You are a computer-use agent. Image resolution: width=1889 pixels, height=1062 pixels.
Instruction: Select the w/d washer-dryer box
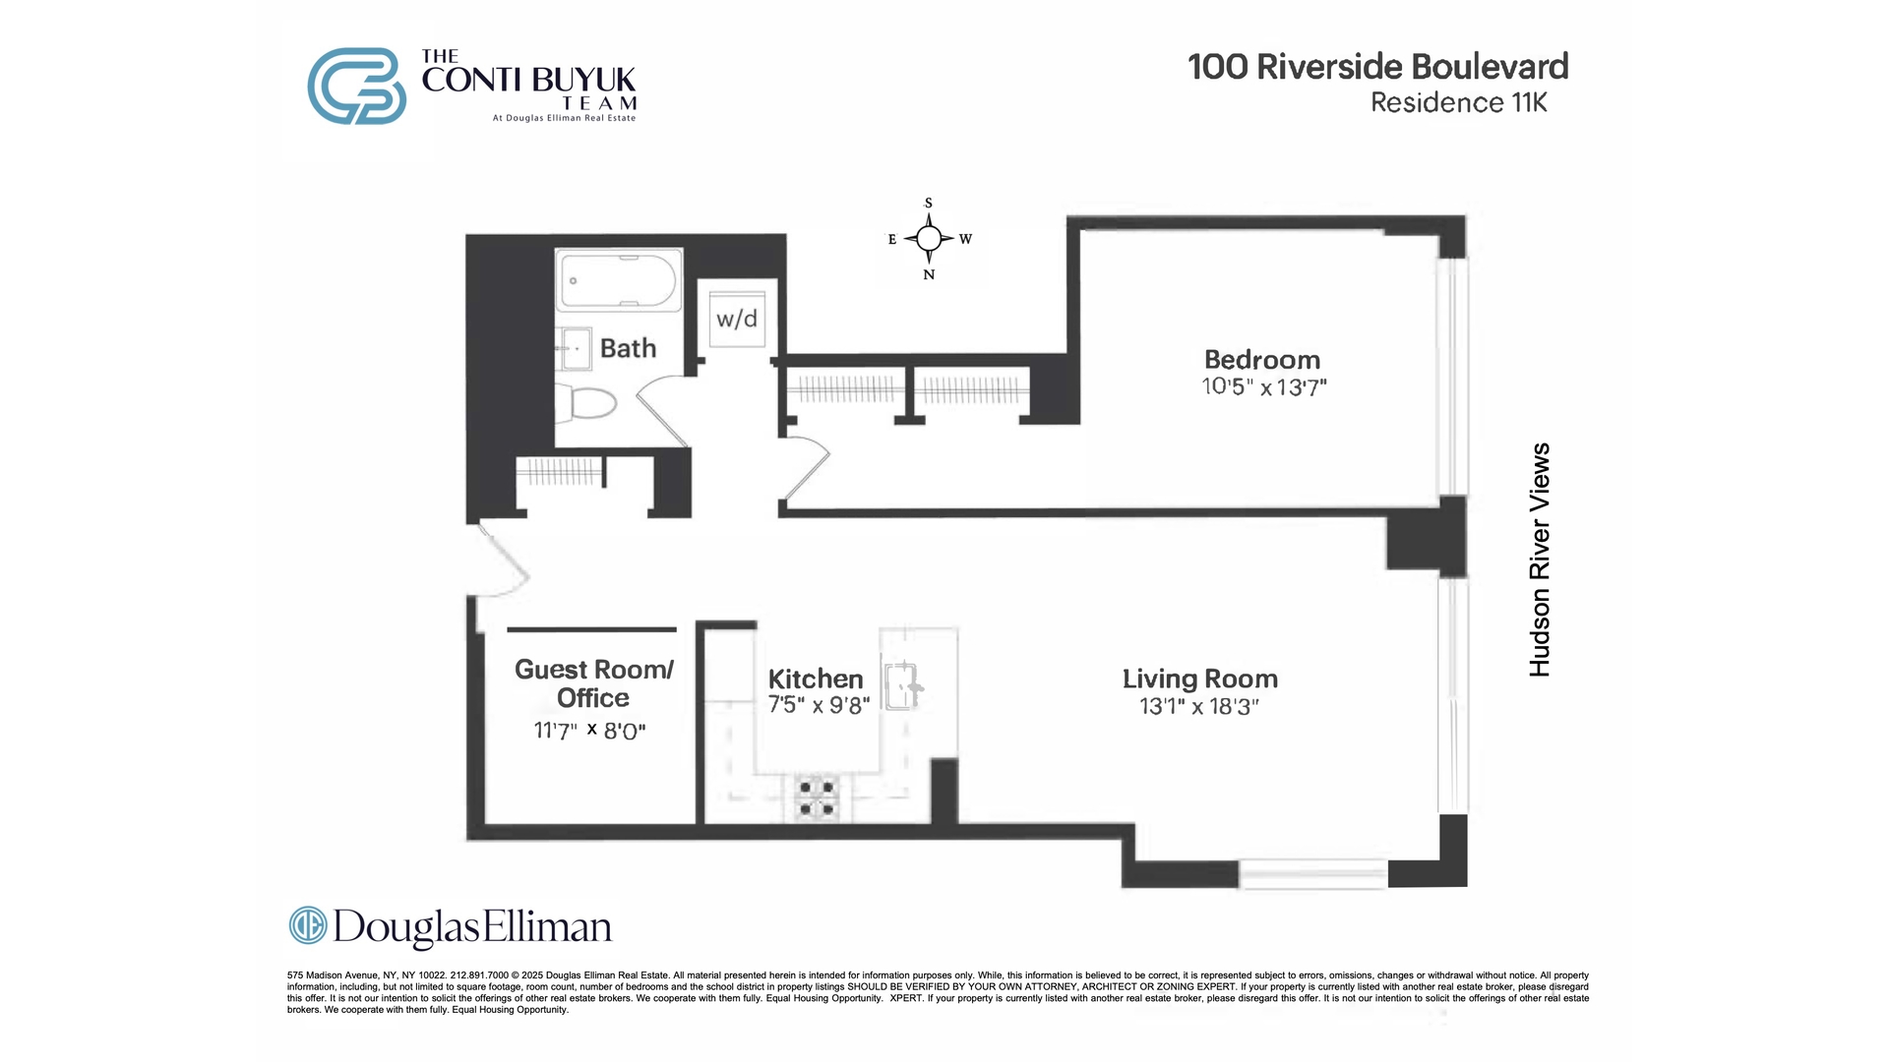coord(737,318)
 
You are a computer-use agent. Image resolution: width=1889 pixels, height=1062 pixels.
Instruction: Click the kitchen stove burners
coord(817,797)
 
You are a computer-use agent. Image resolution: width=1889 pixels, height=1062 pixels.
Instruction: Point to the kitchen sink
coord(902,685)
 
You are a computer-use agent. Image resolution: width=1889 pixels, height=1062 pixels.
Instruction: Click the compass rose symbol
coord(929,239)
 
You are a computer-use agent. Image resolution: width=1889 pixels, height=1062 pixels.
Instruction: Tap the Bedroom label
coord(1262,360)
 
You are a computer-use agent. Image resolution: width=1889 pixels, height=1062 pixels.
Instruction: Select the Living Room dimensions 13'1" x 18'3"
coord(1199,706)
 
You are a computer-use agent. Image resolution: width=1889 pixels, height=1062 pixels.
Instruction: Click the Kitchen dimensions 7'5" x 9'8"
coord(819,705)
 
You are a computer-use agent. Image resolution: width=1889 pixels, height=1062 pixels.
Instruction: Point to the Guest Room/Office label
coord(593,683)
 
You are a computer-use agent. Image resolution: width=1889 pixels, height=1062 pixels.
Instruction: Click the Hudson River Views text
coord(1540,560)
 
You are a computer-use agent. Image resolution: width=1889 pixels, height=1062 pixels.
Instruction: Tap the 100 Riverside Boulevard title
coord(1377,67)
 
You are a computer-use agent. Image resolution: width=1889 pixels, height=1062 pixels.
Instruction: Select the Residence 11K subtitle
coord(1458,102)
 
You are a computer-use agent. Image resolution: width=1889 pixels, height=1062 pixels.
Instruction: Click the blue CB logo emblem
coord(356,87)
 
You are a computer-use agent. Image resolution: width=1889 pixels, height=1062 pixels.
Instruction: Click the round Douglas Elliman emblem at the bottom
coord(307,925)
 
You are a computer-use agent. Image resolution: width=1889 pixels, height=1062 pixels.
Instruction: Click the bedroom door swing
coord(805,469)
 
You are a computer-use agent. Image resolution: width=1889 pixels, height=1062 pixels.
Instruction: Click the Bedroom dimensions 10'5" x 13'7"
coord(1264,386)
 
